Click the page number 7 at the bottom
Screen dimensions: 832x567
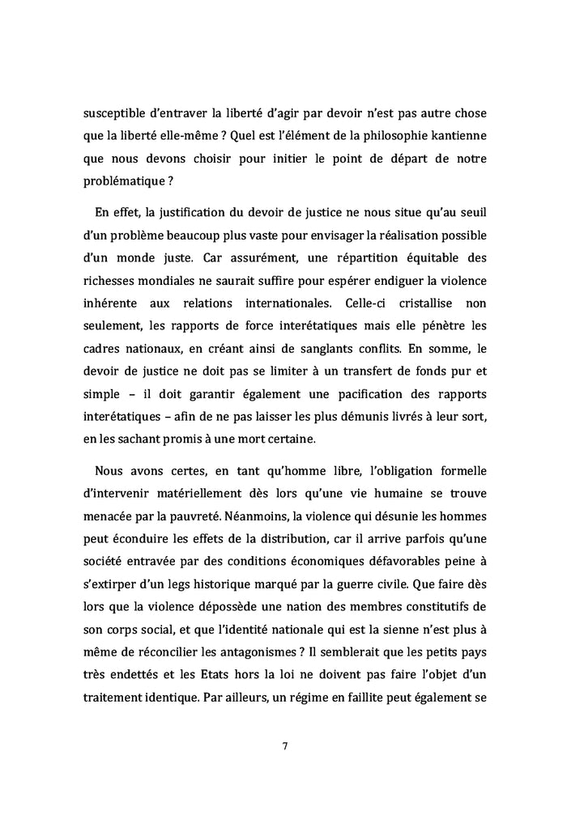(283, 746)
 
